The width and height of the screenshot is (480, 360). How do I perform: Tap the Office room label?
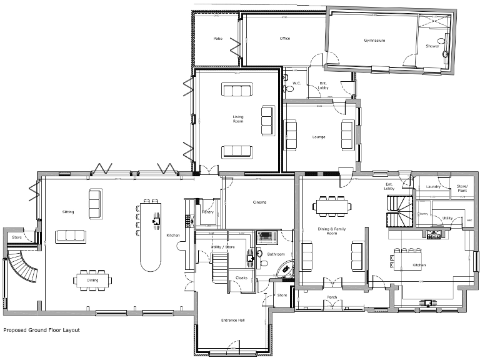285,39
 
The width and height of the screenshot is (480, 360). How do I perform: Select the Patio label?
217,39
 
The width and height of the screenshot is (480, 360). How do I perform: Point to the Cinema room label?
260,202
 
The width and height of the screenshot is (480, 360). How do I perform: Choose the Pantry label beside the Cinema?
208,212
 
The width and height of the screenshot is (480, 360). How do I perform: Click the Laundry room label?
433,187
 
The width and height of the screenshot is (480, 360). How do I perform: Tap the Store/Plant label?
462,188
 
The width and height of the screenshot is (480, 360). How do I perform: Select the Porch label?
332,297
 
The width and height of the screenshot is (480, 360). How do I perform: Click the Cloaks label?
241,277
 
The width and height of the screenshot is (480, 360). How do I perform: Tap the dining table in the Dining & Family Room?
331,205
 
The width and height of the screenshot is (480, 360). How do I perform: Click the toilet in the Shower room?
445,54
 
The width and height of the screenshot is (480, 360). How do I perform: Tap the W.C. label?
297,82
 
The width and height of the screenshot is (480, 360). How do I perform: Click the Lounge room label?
319,137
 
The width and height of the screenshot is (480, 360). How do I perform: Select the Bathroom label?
276,254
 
